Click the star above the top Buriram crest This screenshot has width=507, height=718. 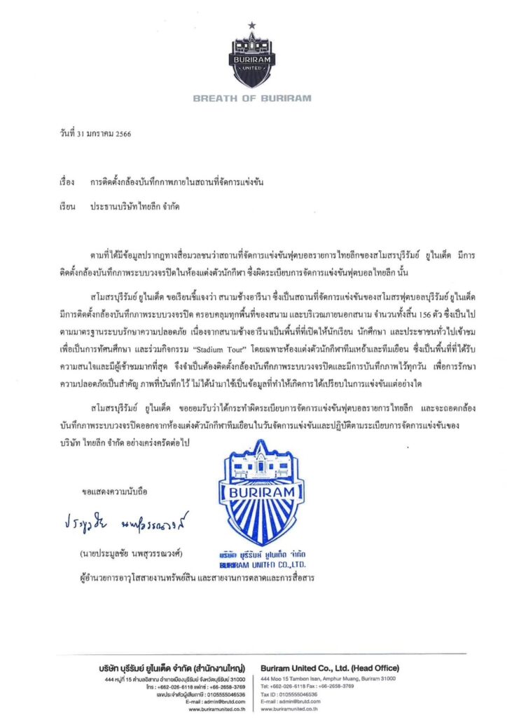pyautogui.click(x=252, y=27)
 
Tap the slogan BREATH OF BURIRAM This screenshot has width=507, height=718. pyautogui.click(x=251, y=98)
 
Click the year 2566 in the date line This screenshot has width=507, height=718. pyautogui.click(x=120, y=133)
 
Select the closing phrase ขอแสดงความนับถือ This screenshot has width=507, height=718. pyautogui.click(x=115, y=491)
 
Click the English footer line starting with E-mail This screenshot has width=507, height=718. pyautogui.click(x=293, y=701)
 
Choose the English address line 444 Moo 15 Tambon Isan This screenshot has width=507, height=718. pyautogui.click(x=328, y=679)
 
